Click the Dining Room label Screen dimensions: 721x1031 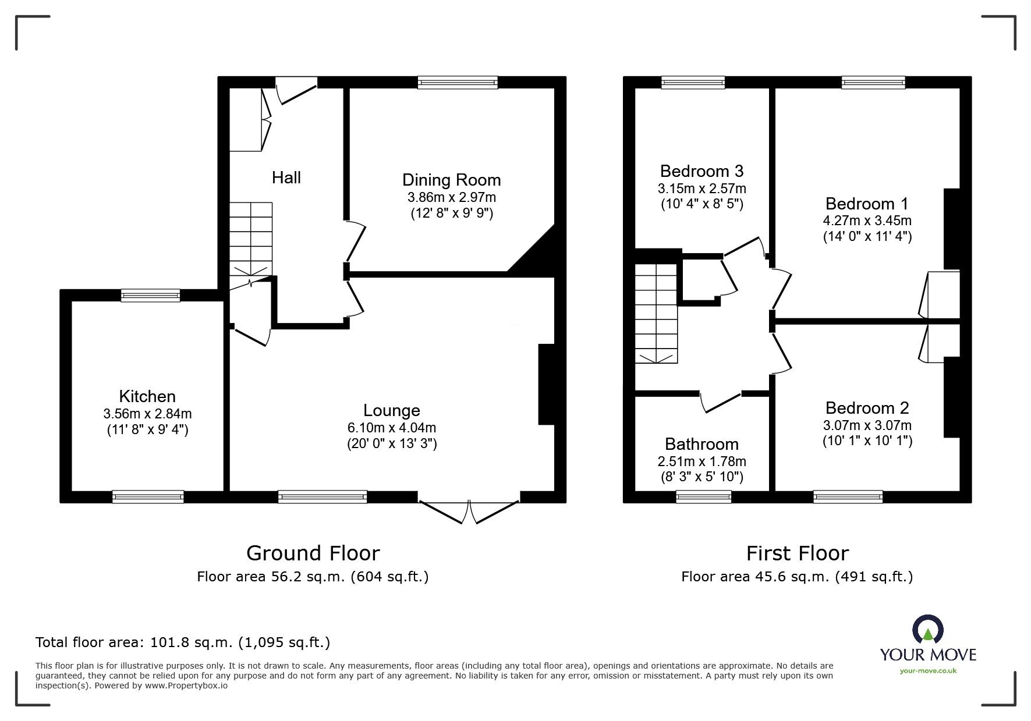tap(451, 180)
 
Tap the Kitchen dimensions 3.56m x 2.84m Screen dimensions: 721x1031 tap(147, 414)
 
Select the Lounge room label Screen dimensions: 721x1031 tap(391, 411)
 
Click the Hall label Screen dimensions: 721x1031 tap(286, 177)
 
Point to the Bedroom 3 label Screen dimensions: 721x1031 tap(701, 171)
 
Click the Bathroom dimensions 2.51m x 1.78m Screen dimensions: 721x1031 tap(701, 461)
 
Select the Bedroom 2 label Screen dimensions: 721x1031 tap(867, 408)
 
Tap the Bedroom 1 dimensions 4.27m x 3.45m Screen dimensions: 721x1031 tap(867, 221)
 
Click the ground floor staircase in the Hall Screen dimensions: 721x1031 tap(251, 239)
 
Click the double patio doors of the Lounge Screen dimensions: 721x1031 tap(468, 510)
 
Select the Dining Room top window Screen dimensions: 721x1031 tap(458, 83)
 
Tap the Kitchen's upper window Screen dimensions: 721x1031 tap(151, 296)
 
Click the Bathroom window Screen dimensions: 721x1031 tap(703, 496)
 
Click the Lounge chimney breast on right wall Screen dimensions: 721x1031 tap(547, 385)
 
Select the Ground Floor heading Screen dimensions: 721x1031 tap(313, 553)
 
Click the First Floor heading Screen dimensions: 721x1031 tap(797, 553)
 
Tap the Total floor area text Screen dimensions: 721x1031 tap(183, 642)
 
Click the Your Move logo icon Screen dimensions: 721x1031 tap(927, 630)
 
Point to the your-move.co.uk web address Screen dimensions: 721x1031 tap(928, 671)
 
